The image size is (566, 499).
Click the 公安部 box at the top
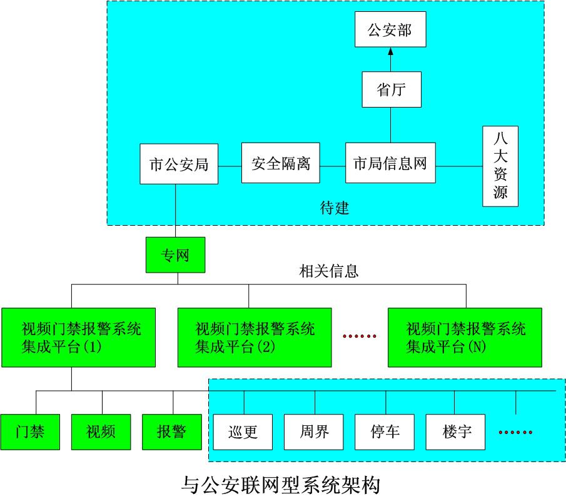tap(390, 30)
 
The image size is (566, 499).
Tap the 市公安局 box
tap(179, 164)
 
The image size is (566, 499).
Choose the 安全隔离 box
tap(281, 164)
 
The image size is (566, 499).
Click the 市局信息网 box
tap(390, 164)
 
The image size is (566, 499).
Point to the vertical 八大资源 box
tap(500, 166)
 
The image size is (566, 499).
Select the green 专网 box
tap(175, 255)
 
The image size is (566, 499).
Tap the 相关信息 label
tap(328, 272)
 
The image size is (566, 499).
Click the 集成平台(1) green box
tap(78, 337)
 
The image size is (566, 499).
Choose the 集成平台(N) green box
tap(465, 337)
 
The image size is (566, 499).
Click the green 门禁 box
tap(30, 431)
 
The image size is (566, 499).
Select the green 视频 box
tap(101, 431)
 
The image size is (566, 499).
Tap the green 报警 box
tap(171, 431)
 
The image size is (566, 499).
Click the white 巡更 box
tap(243, 431)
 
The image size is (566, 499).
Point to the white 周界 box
tap(314, 431)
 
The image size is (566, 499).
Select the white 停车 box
tap(385, 431)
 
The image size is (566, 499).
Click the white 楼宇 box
tap(455, 431)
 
